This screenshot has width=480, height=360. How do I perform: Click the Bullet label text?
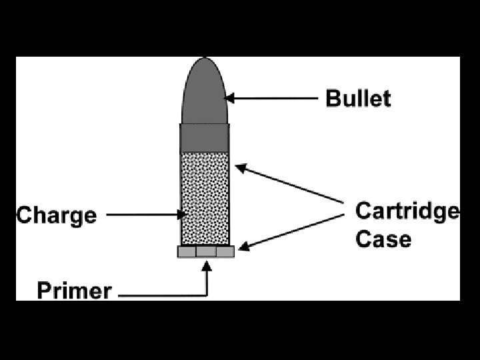[x=358, y=99]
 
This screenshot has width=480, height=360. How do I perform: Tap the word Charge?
[x=57, y=215]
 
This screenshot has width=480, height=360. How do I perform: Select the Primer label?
[x=74, y=291]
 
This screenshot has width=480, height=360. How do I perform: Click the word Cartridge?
[x=407, y=211]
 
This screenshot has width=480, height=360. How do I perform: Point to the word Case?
[x=383, y=238]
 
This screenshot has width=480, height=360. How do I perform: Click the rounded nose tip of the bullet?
[x=205, y=61]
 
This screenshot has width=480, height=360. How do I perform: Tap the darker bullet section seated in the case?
[x=205, y=137]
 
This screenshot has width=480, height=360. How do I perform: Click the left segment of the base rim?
[x=186, y=252]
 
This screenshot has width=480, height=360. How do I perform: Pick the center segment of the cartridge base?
[x=206, y=252]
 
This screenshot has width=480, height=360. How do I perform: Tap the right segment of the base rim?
[x=225, y=252]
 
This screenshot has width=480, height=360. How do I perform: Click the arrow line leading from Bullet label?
[x=273, y=99]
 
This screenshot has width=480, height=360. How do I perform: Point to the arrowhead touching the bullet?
[x=229, y=99]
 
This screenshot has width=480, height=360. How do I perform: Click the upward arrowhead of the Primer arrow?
[x=207, y=265]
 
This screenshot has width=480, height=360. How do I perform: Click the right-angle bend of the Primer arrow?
[x=207, y=293]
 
